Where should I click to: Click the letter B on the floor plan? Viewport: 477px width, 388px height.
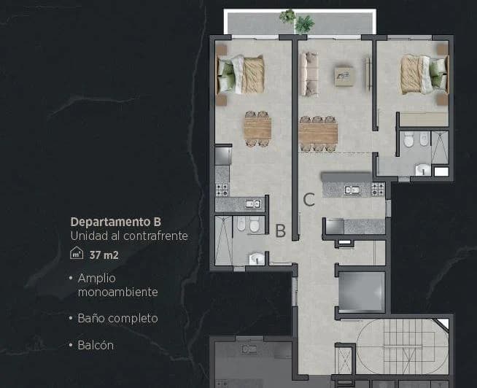(281, 230)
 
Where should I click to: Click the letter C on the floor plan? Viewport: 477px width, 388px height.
(309, 200)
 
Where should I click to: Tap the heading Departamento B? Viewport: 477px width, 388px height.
(115, 222)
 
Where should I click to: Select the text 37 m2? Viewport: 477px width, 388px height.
(104, 255)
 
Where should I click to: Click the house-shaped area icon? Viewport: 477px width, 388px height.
(77, 253)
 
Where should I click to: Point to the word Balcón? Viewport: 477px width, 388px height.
(96, 345)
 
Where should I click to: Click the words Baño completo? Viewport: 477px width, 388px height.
(117, 318)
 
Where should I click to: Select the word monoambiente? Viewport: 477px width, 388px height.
(117, 292)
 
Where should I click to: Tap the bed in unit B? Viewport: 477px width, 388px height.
(240, 75)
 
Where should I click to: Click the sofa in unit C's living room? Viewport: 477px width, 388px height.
(309, 74)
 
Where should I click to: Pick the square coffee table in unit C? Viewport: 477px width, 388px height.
(344, 77)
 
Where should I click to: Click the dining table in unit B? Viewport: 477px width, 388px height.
(257, 128)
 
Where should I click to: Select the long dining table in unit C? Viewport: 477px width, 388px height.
(318, 133)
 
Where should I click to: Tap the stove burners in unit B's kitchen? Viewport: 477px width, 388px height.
(222, 190)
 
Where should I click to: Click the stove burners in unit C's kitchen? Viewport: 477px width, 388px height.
(378, 189)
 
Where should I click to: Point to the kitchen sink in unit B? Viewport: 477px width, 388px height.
(253, 203)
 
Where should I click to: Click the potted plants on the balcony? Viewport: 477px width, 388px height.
(297, 21)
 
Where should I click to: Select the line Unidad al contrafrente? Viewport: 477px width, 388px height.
(129, 236)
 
